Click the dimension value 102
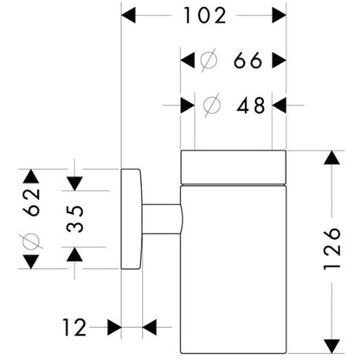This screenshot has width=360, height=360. click(205, 16)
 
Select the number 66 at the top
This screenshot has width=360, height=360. click(247, 61)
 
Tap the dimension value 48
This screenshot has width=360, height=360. click(250, 106)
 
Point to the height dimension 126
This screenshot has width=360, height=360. click(332, 248)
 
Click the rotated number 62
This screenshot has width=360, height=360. click(31, 202)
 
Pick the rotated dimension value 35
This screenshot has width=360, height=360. click(74, 219)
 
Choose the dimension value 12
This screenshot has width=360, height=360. click(74, 327)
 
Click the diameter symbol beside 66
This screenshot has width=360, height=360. click(209, 61)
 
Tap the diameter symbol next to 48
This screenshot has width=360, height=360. click(211, 105)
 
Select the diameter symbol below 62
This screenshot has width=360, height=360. click(31, 241)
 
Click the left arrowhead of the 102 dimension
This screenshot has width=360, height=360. click(128, 16)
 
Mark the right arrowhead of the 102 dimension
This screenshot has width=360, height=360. click(280, 16)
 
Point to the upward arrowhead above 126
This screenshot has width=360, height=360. click(331, 157)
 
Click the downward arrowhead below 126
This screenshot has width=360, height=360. click(331, 346)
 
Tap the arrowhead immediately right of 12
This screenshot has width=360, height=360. click(150, 327)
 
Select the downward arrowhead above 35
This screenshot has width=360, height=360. click(74, 183)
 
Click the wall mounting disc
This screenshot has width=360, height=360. click(132, 219)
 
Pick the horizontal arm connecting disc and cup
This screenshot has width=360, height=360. click(162, 219)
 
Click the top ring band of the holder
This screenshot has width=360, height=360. click(234, 167)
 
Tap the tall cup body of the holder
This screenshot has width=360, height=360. click(234, 269)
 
